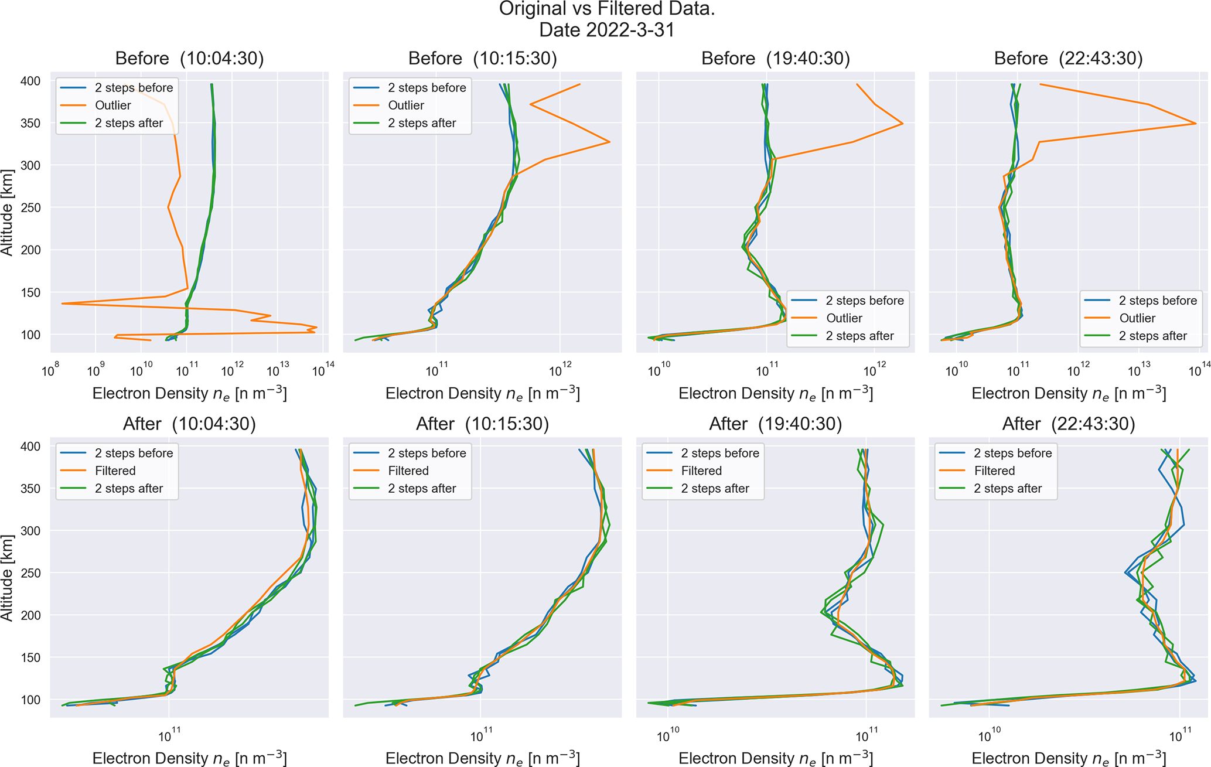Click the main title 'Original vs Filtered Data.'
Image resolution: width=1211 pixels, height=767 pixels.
tap(606, 9)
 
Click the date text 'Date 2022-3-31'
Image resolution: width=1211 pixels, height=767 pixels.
tap(606, 30)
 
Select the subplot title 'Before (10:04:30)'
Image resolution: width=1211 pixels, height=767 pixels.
tap(189, 59)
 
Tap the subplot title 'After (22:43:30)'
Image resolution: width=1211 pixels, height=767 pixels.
tap(1068, 424)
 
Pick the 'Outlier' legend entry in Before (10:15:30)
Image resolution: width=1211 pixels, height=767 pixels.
tap(405, 105)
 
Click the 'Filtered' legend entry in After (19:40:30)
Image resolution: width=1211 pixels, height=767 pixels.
tap(701, 471)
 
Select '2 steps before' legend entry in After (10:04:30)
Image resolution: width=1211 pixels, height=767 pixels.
tap(134, 454)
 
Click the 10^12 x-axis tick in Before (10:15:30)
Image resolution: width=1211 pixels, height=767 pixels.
tap(560, 370)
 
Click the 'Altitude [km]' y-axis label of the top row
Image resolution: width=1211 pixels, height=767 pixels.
tap(7, 212)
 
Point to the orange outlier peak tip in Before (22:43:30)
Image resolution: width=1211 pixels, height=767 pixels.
tap(1195, 124)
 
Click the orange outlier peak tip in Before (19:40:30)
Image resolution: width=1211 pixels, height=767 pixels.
tap(902, 124)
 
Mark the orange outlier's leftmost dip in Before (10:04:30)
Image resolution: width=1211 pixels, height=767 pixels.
tap(62, 304)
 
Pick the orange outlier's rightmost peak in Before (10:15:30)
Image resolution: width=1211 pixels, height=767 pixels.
tap(610, 142)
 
